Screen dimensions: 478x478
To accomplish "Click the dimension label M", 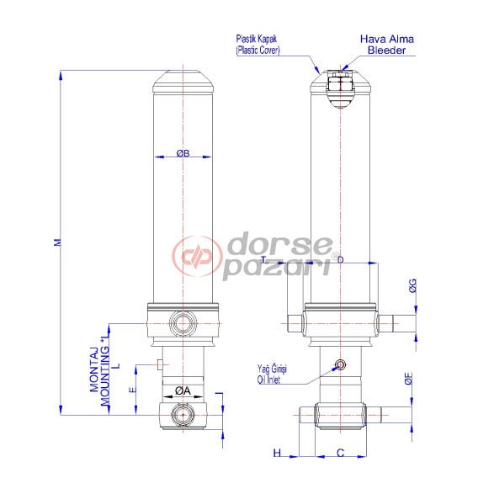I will [57, 242].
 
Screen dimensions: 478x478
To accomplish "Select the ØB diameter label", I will [183, 153].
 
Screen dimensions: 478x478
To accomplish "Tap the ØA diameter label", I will [182, 389].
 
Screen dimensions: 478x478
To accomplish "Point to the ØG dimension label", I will [412, 287].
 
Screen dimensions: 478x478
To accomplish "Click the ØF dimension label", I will [408, 380].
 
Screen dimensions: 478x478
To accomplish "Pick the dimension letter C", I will [340, 453].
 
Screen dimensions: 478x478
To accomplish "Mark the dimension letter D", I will [339, 261].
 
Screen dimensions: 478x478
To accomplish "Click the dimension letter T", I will [263, 261].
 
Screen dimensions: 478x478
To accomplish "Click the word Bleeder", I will [387, 50].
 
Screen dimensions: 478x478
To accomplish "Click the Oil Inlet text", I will [274, 379].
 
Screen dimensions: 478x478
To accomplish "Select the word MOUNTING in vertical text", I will [106, 369].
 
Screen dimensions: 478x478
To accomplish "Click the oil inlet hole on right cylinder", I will [339, 364].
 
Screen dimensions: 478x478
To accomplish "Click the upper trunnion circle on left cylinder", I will [182, 322].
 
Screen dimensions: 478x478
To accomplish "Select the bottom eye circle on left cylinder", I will [182, 414].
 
